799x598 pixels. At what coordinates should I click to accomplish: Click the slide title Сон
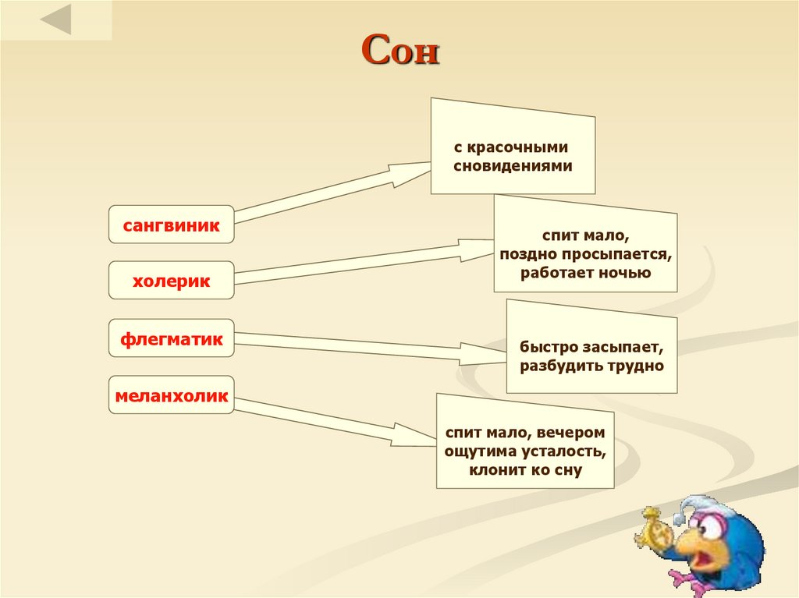coord(401,52)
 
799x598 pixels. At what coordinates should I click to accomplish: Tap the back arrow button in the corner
coord(55,20)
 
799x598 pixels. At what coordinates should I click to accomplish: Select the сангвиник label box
coord(171,225)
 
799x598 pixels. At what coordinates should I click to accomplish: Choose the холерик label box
coord(171,281)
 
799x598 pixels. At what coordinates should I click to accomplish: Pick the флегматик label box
coord(171,339)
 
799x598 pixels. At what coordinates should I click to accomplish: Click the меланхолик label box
coord(171,396)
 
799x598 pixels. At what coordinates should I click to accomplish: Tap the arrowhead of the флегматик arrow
coord(488,352)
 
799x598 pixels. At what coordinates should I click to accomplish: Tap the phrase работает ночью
coord(585,273)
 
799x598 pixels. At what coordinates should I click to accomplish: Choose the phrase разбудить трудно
coord(592,364)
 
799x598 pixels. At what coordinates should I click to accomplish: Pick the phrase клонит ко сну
coord(525,470)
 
